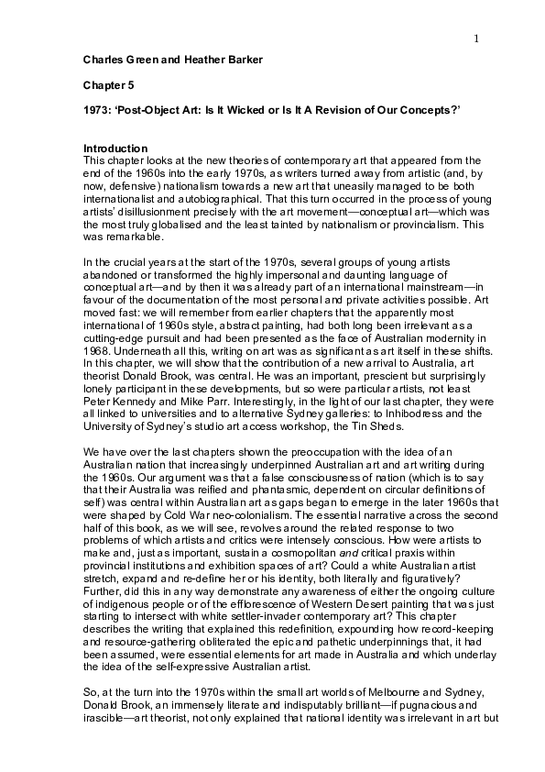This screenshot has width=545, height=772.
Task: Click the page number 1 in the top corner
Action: tap(477, 38)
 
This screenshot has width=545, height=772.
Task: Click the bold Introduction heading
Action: tap(115, 149)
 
